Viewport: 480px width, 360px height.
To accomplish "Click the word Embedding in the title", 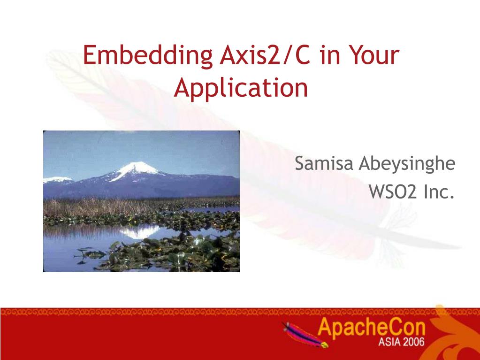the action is [147, 56].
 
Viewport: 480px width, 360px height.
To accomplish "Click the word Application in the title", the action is [241, 88].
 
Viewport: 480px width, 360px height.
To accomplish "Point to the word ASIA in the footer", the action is [389, 342].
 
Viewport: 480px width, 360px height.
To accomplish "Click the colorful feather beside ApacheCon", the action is [305, 335].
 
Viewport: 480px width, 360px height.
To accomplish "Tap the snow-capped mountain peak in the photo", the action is [137, 169].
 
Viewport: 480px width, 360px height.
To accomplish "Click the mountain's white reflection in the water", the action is [140, 231].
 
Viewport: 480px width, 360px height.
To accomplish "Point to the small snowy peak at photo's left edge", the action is [57, 180].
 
